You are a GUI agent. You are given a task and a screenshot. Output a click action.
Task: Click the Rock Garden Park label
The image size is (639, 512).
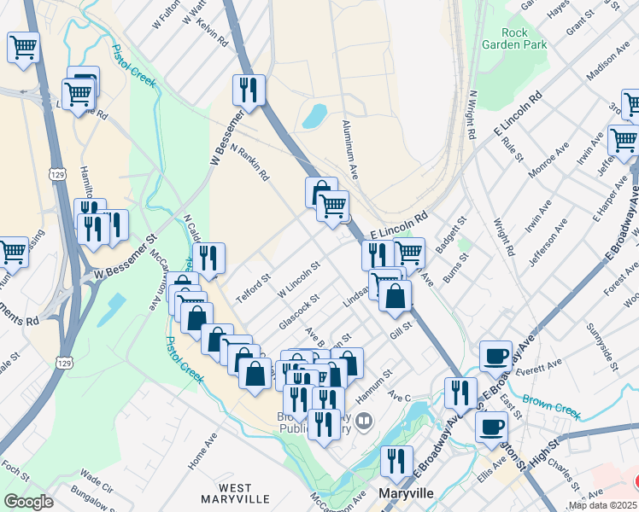click(x=514, y=38)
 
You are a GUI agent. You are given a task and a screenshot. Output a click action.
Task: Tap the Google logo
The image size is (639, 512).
click(x=28, y=502)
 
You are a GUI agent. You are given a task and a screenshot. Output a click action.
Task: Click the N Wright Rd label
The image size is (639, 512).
click(x=471, y=114)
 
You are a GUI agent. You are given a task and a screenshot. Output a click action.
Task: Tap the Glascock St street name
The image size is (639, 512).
click(x=298, y=313)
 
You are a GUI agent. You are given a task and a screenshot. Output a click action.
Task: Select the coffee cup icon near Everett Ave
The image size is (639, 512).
click(x=495, y=357)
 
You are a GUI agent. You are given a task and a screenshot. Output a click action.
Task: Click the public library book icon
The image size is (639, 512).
click(x=365, y=421)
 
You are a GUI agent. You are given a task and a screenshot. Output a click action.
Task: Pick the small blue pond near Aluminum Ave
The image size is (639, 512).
click(x=314, y=115)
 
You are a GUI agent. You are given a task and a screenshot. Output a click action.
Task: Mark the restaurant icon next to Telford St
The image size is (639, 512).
click(x=208, y=258)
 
